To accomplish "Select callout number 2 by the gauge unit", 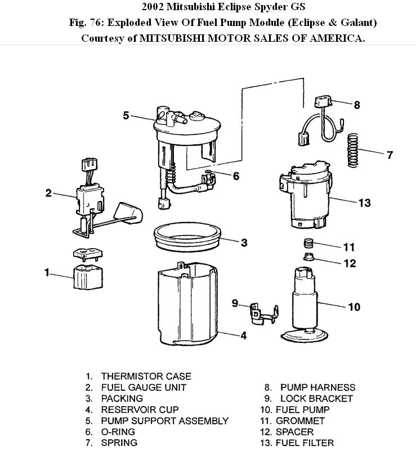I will pos(49,193).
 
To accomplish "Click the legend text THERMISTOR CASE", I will pos(146,376).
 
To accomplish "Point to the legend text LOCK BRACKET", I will pos(316,399).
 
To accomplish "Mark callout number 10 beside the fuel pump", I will pos(354,307).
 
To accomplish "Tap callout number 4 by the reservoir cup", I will pos(243,336).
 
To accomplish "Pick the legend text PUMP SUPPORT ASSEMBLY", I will pos(164,421).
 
